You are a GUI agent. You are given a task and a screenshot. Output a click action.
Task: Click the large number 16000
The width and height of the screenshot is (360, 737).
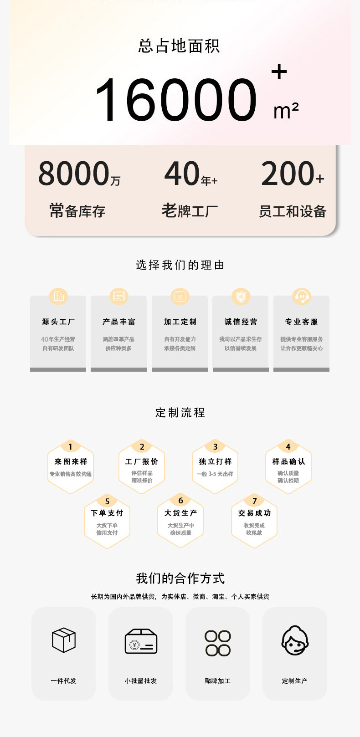[x=175, y=100]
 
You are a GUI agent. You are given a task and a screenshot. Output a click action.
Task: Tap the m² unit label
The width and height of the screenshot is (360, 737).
[x=286, y=111]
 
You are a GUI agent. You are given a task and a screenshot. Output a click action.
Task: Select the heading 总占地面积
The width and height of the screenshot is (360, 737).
[x=180, y=46]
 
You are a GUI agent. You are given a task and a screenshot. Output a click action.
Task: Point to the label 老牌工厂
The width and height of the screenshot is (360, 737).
[x=190, y=211]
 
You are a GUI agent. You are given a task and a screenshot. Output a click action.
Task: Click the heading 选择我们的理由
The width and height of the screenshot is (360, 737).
[x=180, y=265]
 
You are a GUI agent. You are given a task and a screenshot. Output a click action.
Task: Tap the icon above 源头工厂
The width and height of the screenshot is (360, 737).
[x=58, y=297]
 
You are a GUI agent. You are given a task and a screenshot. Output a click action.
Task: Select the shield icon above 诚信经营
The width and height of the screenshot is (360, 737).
[x=241, y=297]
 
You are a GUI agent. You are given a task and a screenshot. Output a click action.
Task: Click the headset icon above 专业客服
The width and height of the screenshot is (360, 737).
[x=301, y=297]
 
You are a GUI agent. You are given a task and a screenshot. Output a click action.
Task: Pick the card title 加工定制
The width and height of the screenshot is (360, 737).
[x=180, y=322]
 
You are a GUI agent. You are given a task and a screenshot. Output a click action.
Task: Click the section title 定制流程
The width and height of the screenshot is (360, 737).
[x=180, y=413]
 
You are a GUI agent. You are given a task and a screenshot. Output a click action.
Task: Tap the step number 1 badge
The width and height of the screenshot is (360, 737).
[x=70, y=447]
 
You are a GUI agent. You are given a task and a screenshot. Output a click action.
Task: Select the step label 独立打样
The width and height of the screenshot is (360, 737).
[x=215, y=461]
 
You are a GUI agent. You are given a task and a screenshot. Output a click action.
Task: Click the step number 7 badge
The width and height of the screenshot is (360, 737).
[x=254, y=501]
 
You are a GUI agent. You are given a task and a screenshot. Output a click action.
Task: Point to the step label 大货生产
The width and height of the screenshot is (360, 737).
[x=180, y=513]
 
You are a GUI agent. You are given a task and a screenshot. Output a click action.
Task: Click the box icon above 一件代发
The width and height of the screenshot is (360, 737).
[x=64, y=640]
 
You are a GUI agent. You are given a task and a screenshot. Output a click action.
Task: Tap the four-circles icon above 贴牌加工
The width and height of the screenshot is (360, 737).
[x=218, y=643]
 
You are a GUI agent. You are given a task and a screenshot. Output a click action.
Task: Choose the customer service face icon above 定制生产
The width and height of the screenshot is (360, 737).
[x=295, y=640]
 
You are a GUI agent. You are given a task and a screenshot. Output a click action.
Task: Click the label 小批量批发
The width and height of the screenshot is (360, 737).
[x=141, y=681]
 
